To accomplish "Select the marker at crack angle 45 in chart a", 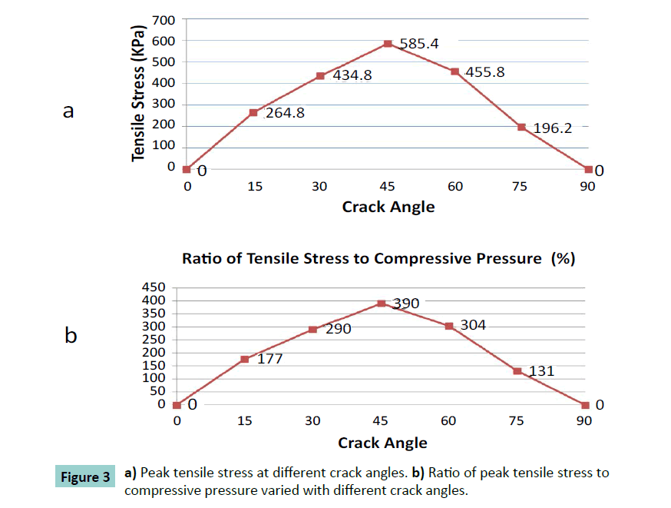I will point(388,44).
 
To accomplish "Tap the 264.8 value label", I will point(286,114).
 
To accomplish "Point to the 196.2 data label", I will point(553,128).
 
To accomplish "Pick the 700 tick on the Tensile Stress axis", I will point(166,19).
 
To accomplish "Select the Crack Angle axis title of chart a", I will point(388,206).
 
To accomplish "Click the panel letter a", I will point(68,112).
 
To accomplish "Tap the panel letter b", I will point(70,336).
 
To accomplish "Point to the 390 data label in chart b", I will point(406,304).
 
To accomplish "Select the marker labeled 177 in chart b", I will point(245,359).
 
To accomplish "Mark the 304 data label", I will point(473,325).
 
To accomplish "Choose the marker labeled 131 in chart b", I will point(517,371).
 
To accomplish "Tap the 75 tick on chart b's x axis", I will point(517,420).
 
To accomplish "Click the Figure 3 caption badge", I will point(84,477).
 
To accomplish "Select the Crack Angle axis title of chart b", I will point(382,443).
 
